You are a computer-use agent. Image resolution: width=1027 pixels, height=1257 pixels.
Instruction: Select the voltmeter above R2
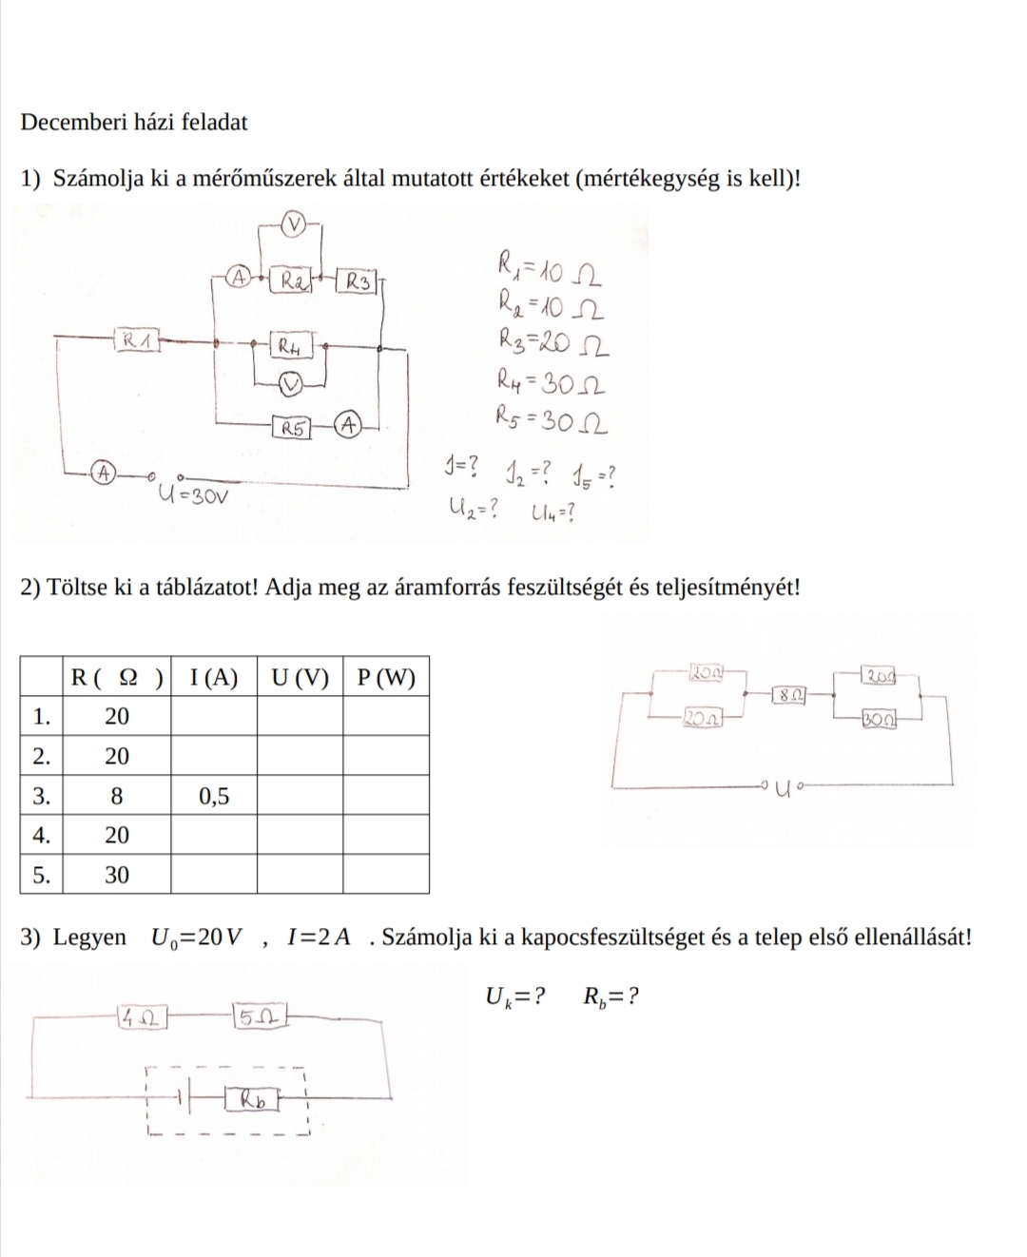coord(296,224)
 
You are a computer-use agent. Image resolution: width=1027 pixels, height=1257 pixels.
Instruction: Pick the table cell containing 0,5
coord(214,796)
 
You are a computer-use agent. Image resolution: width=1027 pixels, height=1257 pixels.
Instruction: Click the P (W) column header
coord(386,677)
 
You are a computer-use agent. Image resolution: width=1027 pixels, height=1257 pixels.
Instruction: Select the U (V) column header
coord(300,677)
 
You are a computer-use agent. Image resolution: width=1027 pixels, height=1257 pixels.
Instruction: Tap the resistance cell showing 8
coord(116,796)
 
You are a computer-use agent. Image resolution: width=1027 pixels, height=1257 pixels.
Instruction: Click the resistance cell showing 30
coord(116,875)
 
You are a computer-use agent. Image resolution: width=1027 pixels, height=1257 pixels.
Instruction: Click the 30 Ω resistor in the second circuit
coord(878,719)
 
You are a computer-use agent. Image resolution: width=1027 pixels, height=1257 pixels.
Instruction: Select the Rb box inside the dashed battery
coord(253,1100)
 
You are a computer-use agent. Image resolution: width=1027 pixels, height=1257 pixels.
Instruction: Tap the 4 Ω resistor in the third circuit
coord(142,1018)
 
